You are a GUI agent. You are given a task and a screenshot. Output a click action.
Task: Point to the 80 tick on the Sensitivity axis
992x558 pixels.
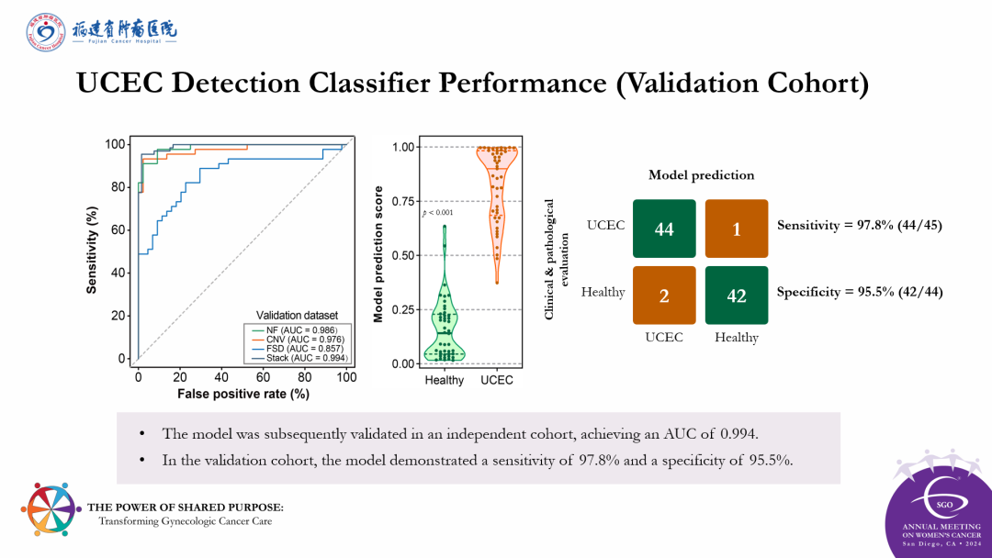[x=118, y=187]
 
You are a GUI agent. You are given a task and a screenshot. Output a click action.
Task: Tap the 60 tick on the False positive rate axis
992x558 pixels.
[x=263, y=377]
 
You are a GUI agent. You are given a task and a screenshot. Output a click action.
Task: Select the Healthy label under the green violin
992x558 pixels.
[x=445, y=380]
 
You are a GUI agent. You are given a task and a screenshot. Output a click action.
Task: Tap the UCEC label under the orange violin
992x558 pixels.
[x=497, y=380]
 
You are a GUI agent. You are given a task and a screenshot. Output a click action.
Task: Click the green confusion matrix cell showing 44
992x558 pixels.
[x=663, y=229]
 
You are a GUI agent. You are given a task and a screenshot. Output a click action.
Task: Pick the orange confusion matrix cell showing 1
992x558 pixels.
[x=736, y=229]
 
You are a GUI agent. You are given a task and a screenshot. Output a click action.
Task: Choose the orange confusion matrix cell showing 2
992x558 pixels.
[x=663, y=296]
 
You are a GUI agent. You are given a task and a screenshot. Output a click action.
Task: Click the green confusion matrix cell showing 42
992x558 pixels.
[x=736, y=296]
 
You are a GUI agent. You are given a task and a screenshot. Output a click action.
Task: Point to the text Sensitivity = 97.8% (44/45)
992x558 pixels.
[x=859, y=225]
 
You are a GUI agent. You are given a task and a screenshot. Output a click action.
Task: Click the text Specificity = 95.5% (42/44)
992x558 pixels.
[x=859, y=292]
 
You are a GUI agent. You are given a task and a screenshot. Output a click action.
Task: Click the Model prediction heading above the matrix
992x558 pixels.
[x=701, y=175]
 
